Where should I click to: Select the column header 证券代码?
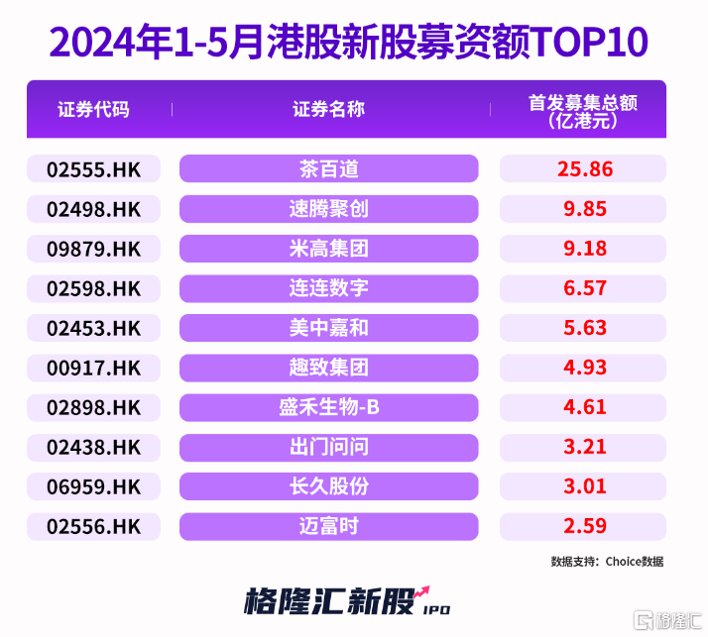93,109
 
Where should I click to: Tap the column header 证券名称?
328,109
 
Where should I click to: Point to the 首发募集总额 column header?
582,110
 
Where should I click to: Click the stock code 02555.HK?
93,169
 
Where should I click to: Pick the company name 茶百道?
328,169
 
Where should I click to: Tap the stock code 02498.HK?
93,209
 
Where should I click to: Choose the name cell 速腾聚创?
328,209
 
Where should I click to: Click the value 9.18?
583,249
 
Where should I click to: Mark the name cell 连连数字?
328,288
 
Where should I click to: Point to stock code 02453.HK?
93,328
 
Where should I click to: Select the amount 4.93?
583,368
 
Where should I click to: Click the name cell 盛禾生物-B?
328,407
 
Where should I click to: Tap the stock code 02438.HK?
93,447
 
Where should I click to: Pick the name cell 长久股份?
328,486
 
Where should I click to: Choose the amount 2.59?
583,526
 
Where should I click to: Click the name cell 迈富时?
328,526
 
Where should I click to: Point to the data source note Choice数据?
607,562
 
